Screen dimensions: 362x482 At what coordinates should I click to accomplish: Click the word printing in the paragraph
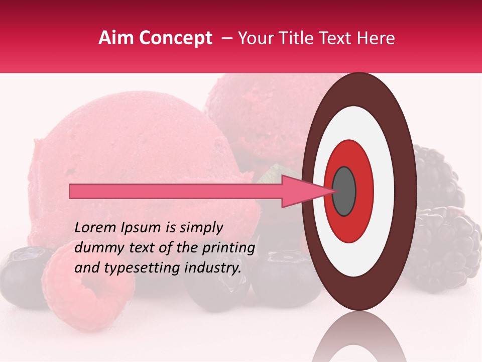[230, 248]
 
